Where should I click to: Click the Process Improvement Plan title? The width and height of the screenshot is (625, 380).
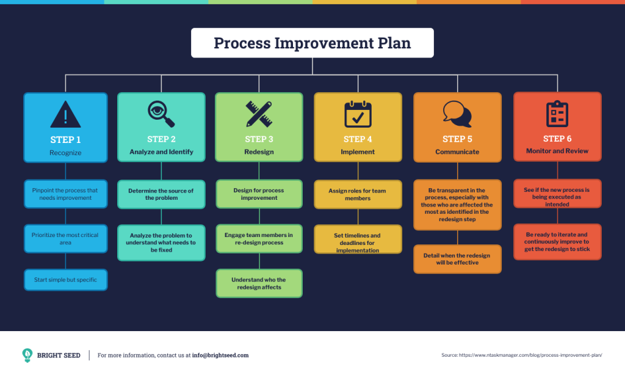tap(312, 43)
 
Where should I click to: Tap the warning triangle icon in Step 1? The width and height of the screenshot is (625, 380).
tap(65, 114)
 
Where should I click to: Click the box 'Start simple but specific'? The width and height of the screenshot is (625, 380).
tap(65, 280)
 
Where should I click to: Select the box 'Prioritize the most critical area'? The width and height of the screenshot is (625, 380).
tap(65, 239)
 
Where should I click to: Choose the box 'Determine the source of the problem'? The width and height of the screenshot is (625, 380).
tap(161, 194)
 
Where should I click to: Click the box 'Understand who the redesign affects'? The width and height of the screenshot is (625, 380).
tap(259, 283)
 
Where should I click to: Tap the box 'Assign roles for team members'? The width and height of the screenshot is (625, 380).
tap(358, 194)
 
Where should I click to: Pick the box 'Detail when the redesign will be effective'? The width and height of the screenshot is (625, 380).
tap(457, 259)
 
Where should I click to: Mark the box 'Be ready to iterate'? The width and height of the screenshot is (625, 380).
tap(557, 241)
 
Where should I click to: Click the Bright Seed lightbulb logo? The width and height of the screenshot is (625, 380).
tap(27, 355)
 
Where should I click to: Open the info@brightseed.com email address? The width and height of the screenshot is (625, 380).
tap(220, 356)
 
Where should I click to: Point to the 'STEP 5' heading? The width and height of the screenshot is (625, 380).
tap(457, 139)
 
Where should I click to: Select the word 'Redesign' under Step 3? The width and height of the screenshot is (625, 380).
tap(259, 152)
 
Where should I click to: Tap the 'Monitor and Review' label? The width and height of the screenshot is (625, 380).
tap(557, 151)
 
